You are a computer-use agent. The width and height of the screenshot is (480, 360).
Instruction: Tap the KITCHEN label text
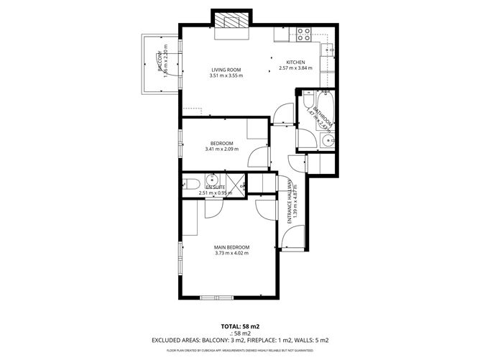pos(295,63)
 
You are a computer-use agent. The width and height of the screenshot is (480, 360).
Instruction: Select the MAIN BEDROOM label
pos(231,247)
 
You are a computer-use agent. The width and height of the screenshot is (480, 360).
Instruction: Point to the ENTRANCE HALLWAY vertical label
pos(290,201)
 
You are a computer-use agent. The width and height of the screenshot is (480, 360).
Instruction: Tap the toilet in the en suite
pos(190,185)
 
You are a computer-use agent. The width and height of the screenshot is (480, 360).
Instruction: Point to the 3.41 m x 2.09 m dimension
pos(221,149)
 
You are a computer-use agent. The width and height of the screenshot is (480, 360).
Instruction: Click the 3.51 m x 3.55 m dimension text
pos(226,76)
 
